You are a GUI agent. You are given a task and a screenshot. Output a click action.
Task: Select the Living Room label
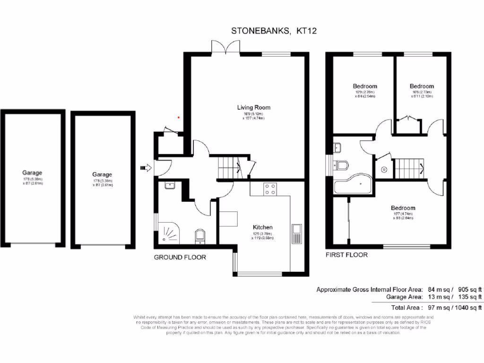pyautogui.click(x=254, y=108)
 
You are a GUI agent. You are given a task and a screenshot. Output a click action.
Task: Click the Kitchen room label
pyautogui.click(x=262, y=227)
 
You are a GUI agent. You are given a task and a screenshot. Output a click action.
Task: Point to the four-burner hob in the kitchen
pyautogui.click(x=270, y=190)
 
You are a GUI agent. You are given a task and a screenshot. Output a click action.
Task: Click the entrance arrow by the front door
pyautogui.click(x=145, y=167)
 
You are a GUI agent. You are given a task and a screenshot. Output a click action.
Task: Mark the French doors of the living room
pyautogui.click(x=223, y=46)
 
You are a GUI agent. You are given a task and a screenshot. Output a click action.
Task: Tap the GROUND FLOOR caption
pyautogui.click(x=180, y=257)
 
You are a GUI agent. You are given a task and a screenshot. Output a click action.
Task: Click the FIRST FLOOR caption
pyautogui.click(x=346, y=255)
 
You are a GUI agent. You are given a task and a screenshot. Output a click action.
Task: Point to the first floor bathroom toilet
pyautogui.click(x=341, y=165)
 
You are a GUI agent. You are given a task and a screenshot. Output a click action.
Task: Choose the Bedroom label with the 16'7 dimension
pyautogui.click(x=403, y=208)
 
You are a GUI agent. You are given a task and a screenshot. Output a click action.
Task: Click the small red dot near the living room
pyautogui.click(x=178, y=117)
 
